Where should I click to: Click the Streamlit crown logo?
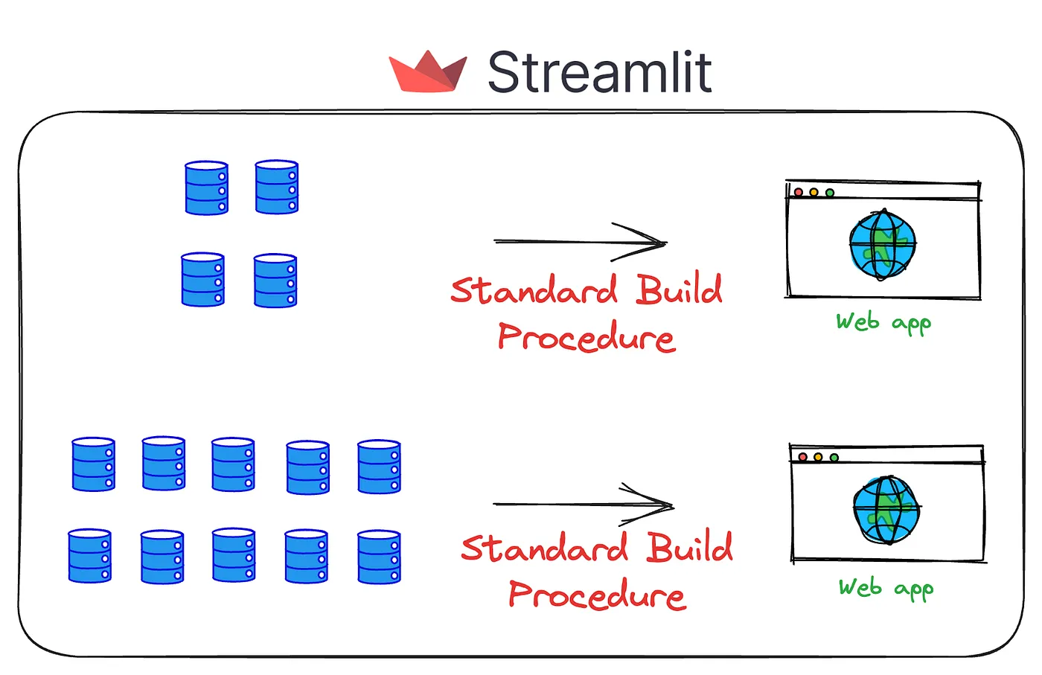pos(428,73)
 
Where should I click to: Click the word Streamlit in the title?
pos(600,73)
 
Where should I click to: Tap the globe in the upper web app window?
pos(883,244)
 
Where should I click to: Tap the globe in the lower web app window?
pos(886,510)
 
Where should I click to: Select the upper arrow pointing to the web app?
pos(581,242)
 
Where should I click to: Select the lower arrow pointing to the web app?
pos(584,505)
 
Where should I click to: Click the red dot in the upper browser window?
pos(799,193)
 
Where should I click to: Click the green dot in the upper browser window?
pos(830,193)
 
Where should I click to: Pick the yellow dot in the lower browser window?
pos(818,457)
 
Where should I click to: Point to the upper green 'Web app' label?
pos(883,322)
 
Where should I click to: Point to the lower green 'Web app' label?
pos(886,588)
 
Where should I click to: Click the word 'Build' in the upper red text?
pos(679,289)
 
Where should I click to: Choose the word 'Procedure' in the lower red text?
pos(597,595)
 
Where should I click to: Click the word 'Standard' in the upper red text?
pos(534,290)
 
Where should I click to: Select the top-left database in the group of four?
pos(207,188)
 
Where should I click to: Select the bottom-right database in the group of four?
pos(275,281)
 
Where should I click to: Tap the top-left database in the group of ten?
pos(94,464)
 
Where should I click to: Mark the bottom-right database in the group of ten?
pos(379,557)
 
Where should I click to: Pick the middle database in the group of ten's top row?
pos(233,464)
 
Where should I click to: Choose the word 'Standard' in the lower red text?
pos(545,548)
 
